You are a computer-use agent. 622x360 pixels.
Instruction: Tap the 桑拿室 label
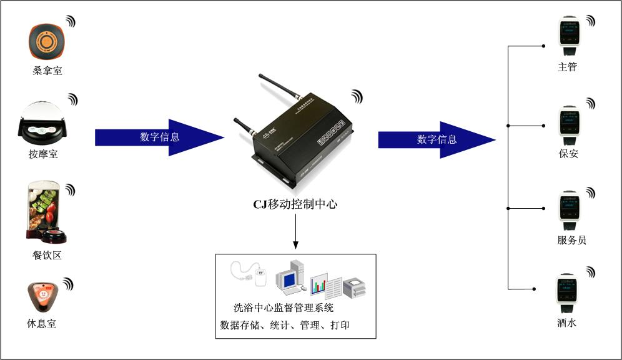click(x=47, y=71)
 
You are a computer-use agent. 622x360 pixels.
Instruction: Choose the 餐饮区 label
click(x=47, y=256)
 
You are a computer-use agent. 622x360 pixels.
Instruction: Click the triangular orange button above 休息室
click(x=43, y=297)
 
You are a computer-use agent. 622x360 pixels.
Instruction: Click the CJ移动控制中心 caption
click(x=295, y=204)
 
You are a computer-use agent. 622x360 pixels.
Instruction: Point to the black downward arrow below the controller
click(x=295, y=234)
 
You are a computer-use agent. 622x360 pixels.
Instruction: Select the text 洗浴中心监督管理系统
click(x=284, y=307)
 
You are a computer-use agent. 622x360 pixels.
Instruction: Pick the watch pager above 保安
click(x=569, y=125)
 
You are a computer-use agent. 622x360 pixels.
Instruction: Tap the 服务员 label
click(x=571, y=240)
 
